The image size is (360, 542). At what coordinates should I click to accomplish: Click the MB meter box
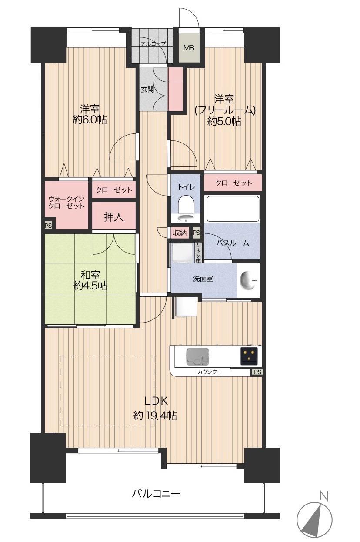pyautogui.click(x=189, y=48)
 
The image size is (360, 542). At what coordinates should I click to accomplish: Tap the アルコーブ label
pyautogui.click(x=153, y=44)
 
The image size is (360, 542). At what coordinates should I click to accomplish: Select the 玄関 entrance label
pyautogui.click(x=147, y=90)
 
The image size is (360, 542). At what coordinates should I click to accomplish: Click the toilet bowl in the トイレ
pyautogui.click(x=186, y=206)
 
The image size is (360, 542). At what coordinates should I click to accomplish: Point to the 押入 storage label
pyautogui.click(x=113, y=216)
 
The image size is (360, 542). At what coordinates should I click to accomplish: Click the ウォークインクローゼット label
pyautogui.click(x=67, y=203)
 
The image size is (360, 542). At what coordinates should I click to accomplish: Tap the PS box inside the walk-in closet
pyautogui.click(x=48, y=226)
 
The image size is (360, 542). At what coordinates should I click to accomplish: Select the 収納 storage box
pyautogui.click(x=180, y=233)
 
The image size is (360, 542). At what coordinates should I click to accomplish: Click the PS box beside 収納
pyautogui.click(x=197, y=233)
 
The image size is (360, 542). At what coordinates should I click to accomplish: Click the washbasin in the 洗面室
pyautogui.click(x=247, y=281)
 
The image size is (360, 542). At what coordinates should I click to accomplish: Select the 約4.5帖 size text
pyautogui.click(x=90, y=286)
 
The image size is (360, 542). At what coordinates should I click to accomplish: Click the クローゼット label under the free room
pyautogui.click(x=233, y=183)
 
